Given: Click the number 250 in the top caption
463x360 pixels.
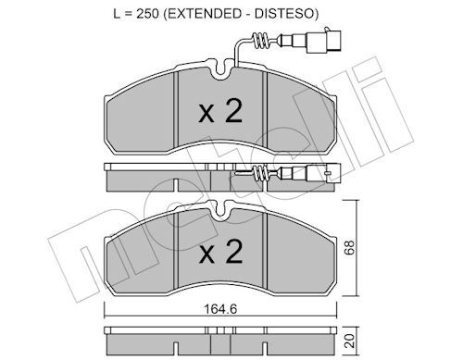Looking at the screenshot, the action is click(148, 14).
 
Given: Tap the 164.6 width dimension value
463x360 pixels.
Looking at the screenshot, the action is click(220, 309).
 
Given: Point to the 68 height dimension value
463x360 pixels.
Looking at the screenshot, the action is click(350, 247).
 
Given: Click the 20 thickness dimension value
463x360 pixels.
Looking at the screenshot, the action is click(350, 341).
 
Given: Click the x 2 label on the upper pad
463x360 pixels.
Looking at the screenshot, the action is click(220, 112).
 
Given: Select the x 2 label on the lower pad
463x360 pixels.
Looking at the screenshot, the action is click(220, 251).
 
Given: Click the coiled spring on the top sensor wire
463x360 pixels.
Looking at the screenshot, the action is click(261, 41).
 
